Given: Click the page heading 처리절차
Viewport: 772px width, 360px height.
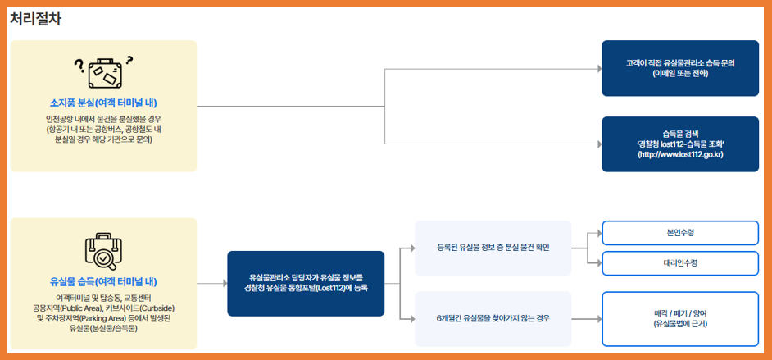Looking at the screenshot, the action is click(35, 19).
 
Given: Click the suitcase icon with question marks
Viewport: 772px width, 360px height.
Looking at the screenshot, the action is click(103, 72).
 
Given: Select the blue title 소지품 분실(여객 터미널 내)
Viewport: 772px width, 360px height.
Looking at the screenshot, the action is click(103, 103).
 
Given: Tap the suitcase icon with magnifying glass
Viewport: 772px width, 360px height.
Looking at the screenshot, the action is click(103, 250).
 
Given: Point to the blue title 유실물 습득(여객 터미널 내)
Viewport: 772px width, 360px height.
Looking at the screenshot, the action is click(103, 280).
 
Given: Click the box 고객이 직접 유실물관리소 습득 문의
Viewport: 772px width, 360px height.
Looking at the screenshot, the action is click(680, 62).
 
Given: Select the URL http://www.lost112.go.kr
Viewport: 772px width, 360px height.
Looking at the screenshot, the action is click(680, 154).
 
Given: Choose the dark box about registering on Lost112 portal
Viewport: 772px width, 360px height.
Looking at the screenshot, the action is click(306, 283).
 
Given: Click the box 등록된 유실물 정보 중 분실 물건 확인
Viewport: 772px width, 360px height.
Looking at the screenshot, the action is click(493, 248).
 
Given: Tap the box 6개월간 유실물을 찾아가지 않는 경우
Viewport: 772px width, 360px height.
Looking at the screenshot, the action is click(493, 317).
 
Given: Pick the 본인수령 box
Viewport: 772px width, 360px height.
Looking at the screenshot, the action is click(680, 233).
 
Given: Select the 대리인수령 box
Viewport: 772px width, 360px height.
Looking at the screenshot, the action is click(680, 262).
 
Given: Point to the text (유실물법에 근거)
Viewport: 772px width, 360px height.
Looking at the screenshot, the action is click(680, 324).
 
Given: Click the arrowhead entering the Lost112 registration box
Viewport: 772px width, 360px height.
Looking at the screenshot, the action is click(224, 283).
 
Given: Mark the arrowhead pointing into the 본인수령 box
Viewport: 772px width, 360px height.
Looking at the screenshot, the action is click(598, 233).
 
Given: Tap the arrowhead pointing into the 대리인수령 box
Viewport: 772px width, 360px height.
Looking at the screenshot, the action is click(598, 262).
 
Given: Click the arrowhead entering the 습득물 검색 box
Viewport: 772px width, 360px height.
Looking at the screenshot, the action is click(598, 144).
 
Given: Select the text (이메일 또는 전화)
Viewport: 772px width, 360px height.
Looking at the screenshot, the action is click(680, 73).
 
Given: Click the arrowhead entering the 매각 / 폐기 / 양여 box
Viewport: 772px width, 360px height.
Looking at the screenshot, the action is click(598, 317).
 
